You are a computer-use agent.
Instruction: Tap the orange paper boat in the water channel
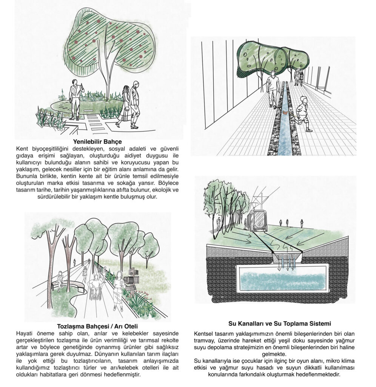285,112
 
